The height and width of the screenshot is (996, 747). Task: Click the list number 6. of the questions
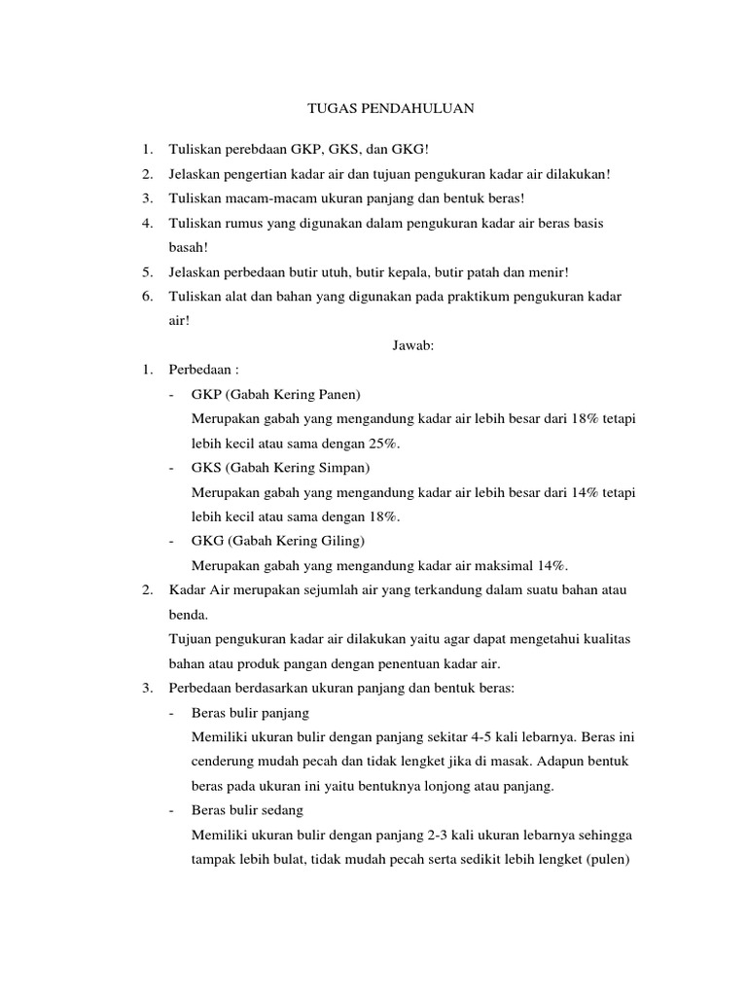(147, 296)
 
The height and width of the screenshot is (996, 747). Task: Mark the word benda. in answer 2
(188, 615)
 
